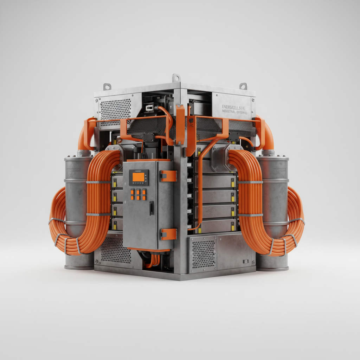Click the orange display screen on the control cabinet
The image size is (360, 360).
tap(139, 177)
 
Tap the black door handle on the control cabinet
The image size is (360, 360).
tap(151, 208)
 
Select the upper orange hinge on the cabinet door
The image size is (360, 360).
tap(168, 176)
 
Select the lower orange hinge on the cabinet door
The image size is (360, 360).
tap(168, 234)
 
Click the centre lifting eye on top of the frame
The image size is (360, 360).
tap(176, 78)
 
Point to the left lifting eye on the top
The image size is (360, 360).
tap(107, 86)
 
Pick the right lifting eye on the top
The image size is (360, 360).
tap(243, 86)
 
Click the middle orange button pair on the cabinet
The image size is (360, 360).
tap(138, 194)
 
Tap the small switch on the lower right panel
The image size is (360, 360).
tap(245, 261)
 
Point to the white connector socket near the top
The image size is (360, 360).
tap(149, 107)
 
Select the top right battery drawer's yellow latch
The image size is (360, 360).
tap(233, 181)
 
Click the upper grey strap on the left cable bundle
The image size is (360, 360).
tap(98, 182)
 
